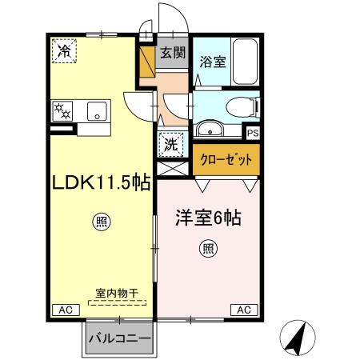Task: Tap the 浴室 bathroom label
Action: click(212, 60)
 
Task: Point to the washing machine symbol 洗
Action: click(170, 145)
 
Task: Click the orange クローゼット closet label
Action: click(226, 159)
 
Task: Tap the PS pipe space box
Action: click(253, 134)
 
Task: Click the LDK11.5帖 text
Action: click(102, 182)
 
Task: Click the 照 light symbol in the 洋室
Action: click(208, 249)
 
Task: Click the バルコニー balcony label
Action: click(118, 339)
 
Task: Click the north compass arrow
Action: click(298, 339)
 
